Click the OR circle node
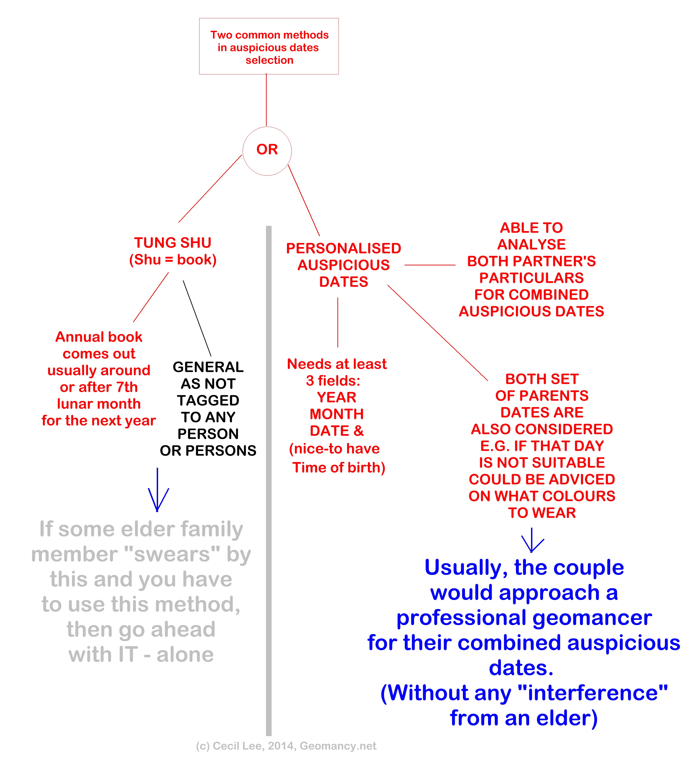[x=267, y=151]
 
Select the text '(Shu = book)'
[x=173, y=260]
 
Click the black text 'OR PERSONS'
[x=208, y=450]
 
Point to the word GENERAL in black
[x=208, y=367]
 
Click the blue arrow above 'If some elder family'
[x=158, y=492]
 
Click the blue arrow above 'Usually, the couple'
[x=532, y=541]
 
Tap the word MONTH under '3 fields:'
[x=337, y=414]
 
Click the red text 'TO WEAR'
[x=542, y=513]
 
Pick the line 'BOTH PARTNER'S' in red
[x=531, y=261]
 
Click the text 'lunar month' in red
[x=99, y=404]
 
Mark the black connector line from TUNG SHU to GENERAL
[x=197, y=318]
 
